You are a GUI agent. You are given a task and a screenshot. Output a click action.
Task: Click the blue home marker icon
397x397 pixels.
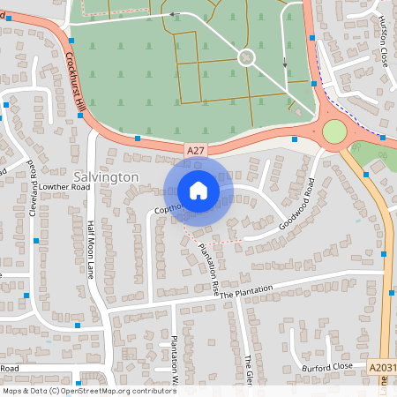(x=198, y=191)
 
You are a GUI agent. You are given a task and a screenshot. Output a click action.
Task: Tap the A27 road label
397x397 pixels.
(x=196, y=152)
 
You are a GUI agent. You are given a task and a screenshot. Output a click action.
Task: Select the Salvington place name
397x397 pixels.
(x=101, y=176)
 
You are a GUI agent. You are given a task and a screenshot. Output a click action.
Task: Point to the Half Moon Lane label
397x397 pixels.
(x=91, y=249)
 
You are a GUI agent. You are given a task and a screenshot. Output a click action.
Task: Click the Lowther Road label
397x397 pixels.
(x=64, y=187)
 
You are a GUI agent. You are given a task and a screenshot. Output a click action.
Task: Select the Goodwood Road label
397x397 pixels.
(x=298, y=204)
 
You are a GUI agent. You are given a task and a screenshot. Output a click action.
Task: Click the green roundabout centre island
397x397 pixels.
(x=334, y=132)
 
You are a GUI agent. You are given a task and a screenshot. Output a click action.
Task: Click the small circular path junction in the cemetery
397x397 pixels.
(x=246, y=57)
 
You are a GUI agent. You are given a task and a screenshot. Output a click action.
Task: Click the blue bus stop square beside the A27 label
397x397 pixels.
(x=138, y=139)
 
